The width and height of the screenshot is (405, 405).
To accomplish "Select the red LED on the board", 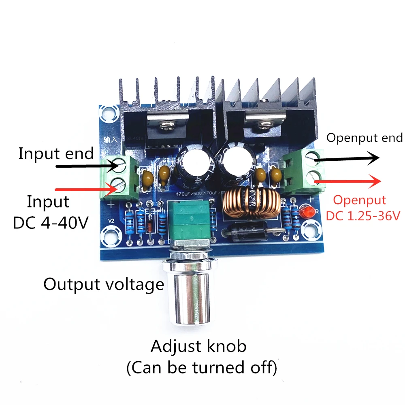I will (x=308, y=211).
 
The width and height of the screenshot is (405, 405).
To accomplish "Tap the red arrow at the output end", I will (x=347, y=182).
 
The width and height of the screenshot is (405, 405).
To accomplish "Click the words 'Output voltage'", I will (x=104, y=284).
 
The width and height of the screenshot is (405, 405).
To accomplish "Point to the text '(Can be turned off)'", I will (x=202, y=368).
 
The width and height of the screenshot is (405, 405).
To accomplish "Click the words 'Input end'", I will (x=56, y=154).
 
